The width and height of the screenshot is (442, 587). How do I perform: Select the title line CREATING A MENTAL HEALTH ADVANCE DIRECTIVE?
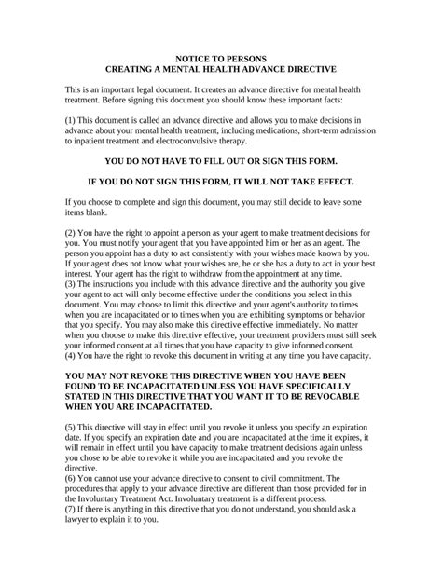click(221, 69)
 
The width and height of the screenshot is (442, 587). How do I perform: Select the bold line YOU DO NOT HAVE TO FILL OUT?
click(221, 161)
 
